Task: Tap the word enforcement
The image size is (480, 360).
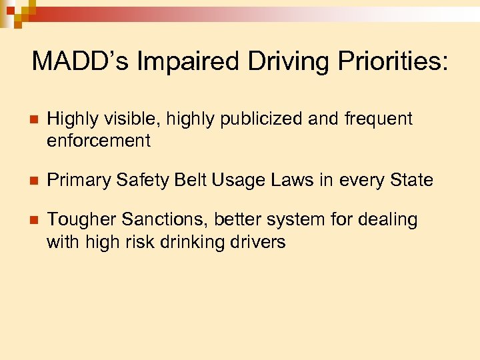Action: [99, 141]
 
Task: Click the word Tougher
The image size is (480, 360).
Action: [77, 220]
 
